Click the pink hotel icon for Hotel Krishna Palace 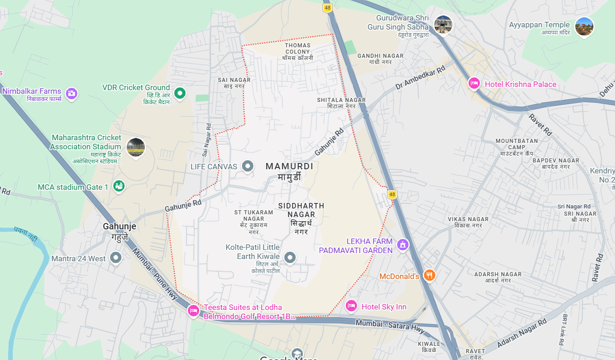tap(474, 83)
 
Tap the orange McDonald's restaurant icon tap(429, 275)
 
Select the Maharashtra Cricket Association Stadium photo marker tap(135, 147)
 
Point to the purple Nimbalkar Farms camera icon tap(71, 93)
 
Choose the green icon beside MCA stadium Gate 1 tap(119, 186)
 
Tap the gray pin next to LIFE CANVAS tap(247, 166)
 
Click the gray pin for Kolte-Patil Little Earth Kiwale tap(290, 258)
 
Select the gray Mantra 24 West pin tap(116, 258)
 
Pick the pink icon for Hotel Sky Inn tap(351, 306)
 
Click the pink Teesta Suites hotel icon tap(193, 311)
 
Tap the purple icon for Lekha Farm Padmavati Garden tap(402, 245)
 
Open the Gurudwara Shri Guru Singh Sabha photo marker tap(443, 24)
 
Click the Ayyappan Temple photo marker tap(584, 26)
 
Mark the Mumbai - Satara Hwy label tap(390, 325)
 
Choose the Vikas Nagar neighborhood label tap(468, 222)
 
